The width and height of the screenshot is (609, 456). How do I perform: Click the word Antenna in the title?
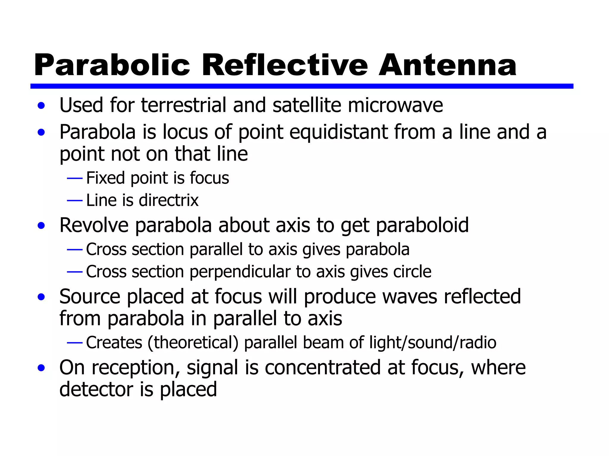tap(447, 65)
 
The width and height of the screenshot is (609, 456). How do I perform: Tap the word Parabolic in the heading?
tap(112, 65)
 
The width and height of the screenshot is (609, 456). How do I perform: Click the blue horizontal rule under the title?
tap(302, 86)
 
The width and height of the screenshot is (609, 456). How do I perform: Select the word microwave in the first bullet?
tap(395, 105)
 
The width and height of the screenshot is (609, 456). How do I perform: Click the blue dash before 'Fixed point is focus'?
tap(75, 178)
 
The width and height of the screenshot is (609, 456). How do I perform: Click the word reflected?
tap(482, 297)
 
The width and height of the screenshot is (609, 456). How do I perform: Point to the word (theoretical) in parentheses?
tap(193, 343)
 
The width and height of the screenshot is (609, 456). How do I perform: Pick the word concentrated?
tap(322, 368)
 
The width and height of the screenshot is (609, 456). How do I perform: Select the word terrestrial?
tap(183, 105)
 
